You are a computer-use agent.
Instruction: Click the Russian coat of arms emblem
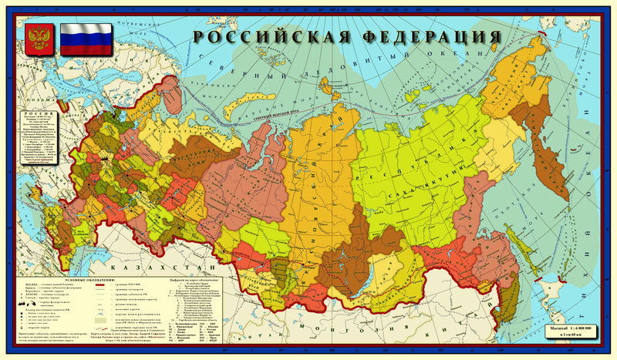(x=38, y=39)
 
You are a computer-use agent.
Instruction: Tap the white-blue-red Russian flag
(x=86, y=39)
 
